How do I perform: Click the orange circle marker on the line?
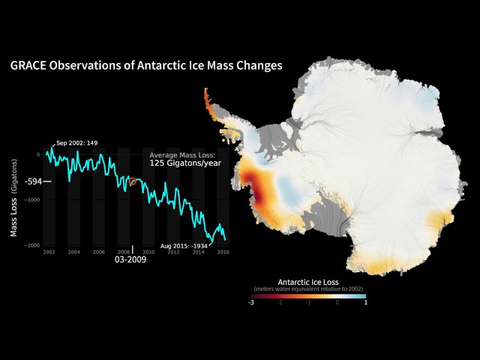click(x=133, y=181)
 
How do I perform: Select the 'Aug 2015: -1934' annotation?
click(x=184, y=244)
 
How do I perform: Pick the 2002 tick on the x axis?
click(x=49, y=252)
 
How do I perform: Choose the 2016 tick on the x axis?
click(x=223, y=252)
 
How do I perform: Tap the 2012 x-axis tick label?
click(x=173, y=252)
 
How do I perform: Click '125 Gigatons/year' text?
click(x=184, y=163)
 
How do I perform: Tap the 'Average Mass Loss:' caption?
click(x=182, y=154)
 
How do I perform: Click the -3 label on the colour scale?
click(x=252, y=302)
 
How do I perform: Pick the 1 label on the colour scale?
click(x=365, y=302)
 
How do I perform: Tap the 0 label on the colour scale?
click(x=337, y=302)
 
